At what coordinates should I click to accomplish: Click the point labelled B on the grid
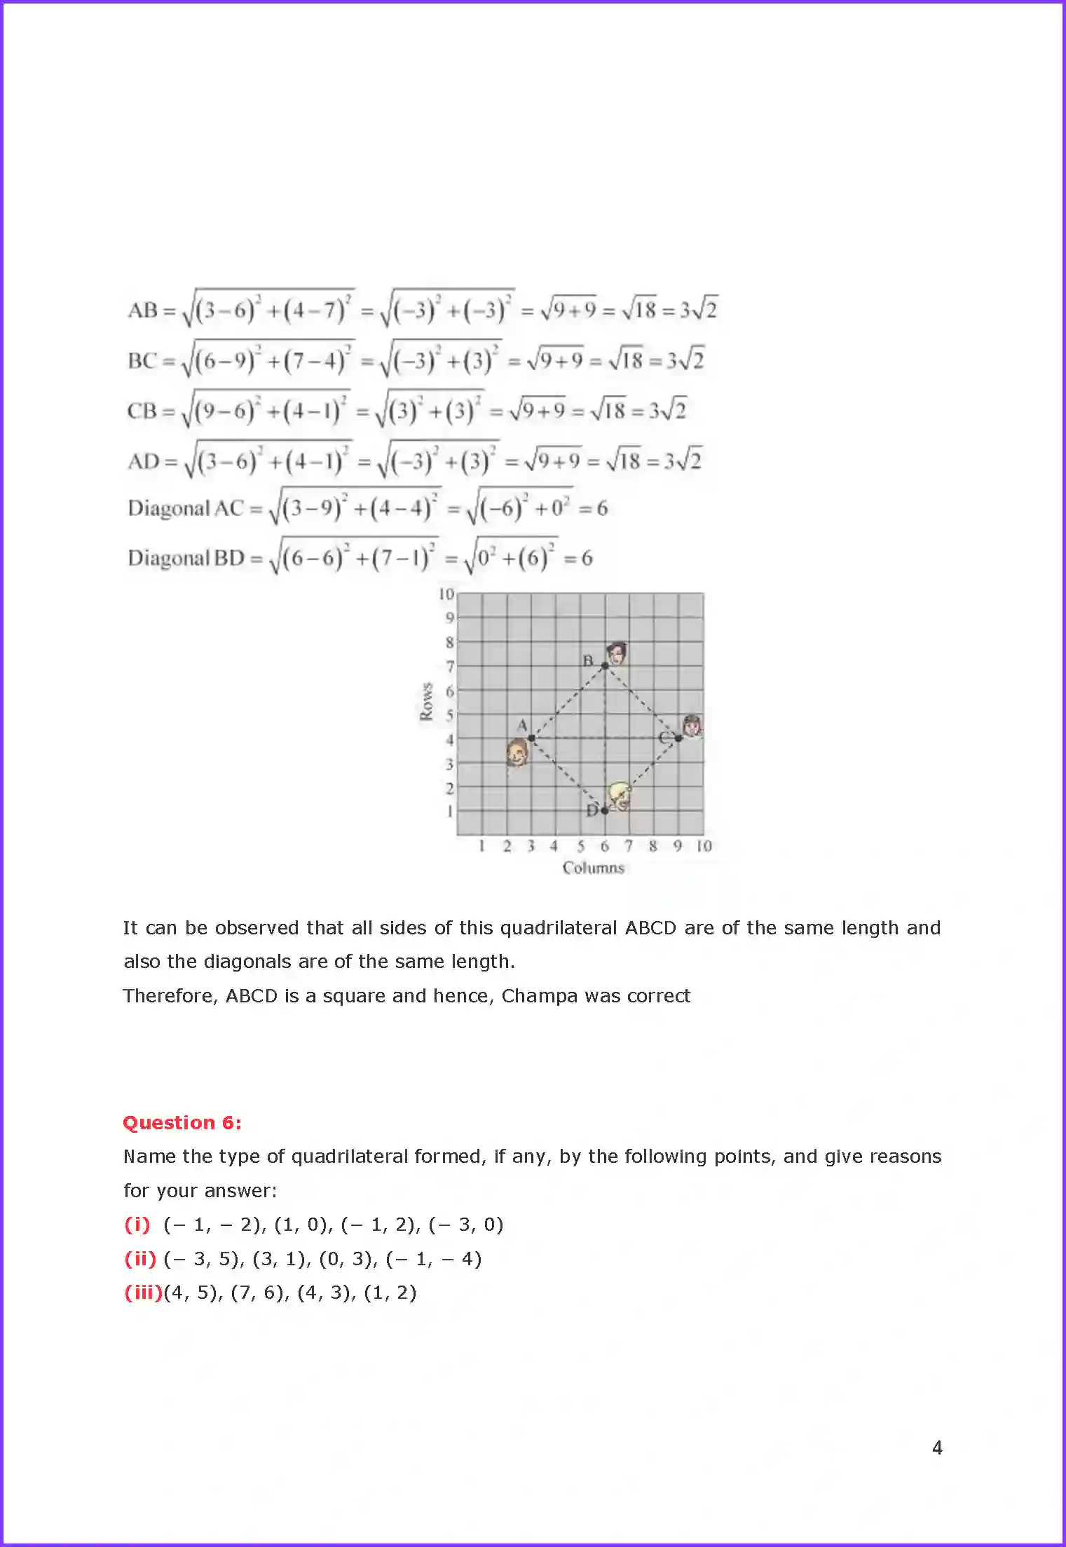click(x=605, y=665)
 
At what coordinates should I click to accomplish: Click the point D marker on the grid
click(x=605, y=811)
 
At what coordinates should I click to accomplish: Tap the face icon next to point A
click(x=517, y=754)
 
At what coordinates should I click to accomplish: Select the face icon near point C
click(x=692, y=725)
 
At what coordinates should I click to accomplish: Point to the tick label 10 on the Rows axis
click(x=446, y=594)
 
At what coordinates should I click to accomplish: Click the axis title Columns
click(x=593, y=868)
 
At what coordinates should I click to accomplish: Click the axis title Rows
click(x=426, y=702)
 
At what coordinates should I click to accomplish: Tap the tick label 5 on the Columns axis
click(x=580, y=846)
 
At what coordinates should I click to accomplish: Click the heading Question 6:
click(x=182, y=1123)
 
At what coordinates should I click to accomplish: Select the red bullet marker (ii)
click(x=140, y=1259)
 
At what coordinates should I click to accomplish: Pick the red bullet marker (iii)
click(x=143, y=1293)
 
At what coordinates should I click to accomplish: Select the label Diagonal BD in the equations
click(x=186, y=559)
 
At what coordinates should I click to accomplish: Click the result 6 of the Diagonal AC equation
click(x=602, y=508)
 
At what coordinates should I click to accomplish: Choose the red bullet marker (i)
click(x=137, y=1225)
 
